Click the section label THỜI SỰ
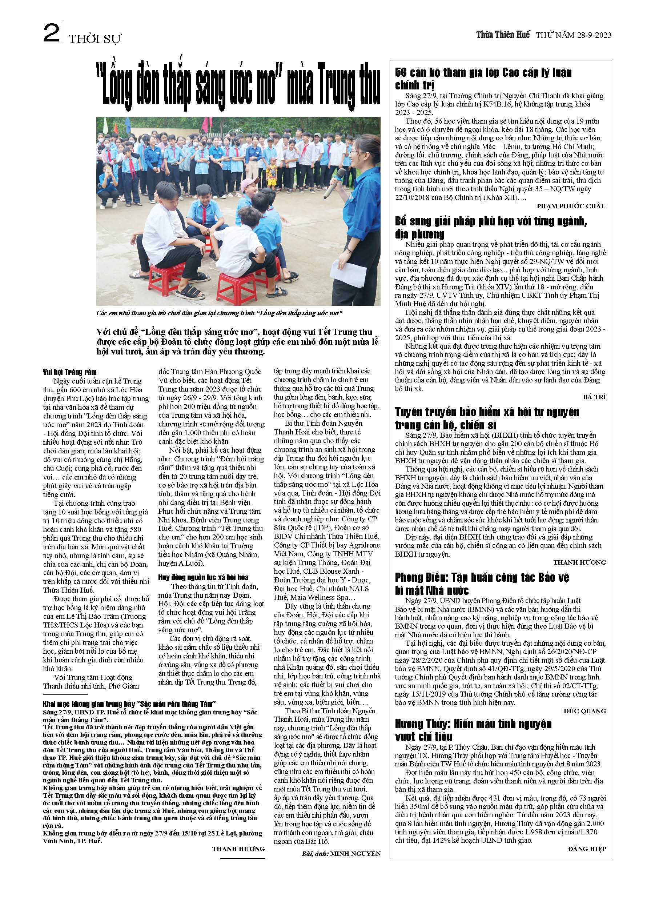coord(95,39)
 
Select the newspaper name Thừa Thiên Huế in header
coord(503,35)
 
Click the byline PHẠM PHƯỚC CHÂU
coord(571,206)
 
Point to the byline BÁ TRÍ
coord(594,397)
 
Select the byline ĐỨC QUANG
coord(584,711)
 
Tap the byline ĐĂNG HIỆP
coord(587,849)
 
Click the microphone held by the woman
coord(334,183)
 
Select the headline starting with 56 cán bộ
coord(483,79)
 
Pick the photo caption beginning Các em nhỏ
coord(219,313)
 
